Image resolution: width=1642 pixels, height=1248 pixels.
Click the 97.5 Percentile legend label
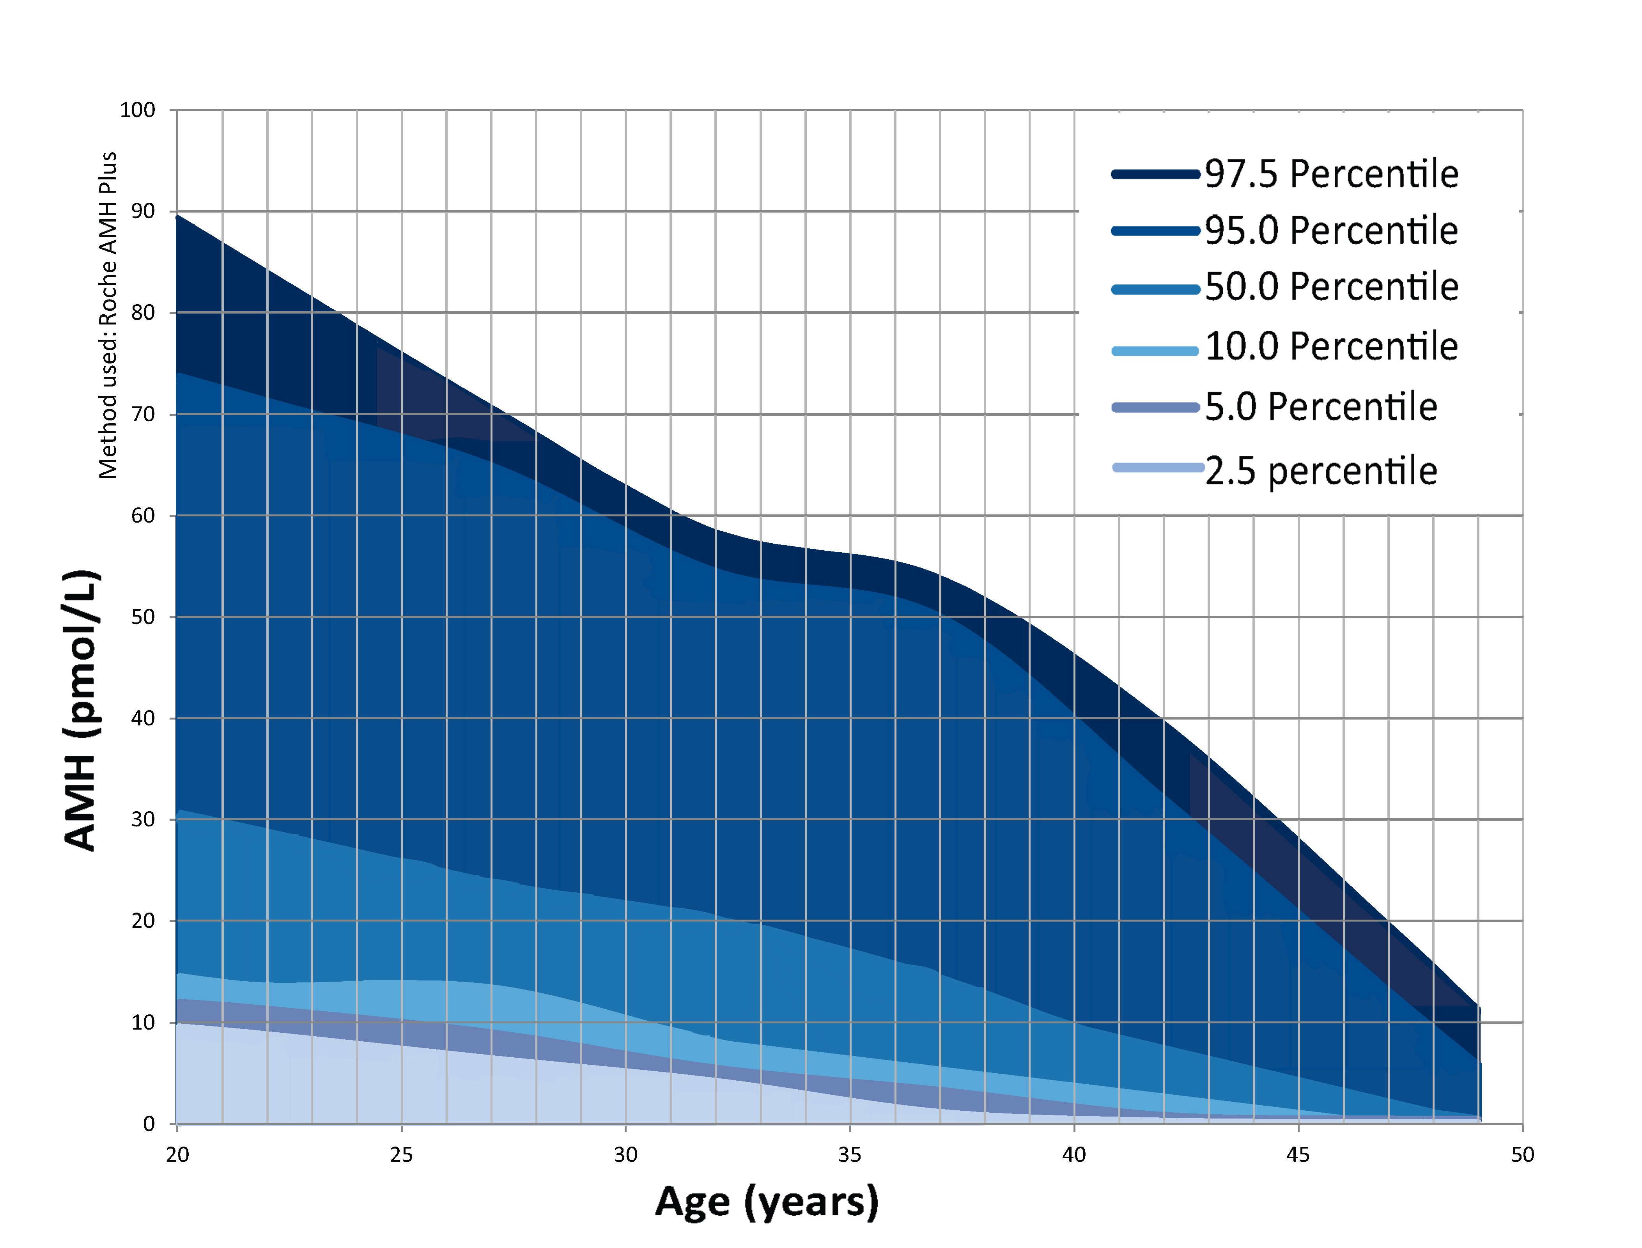point(1331,175)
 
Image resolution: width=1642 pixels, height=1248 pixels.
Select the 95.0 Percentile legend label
point(1331,231)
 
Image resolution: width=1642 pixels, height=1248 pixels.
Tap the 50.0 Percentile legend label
point(1331,287)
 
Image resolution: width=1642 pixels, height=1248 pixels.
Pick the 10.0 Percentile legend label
point(1331,347)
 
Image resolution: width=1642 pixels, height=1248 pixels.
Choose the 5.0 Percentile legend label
point(1320,407)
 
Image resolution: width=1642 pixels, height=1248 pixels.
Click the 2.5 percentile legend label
point(1320,471)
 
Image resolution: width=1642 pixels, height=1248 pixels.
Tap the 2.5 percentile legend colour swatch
point(1157,467)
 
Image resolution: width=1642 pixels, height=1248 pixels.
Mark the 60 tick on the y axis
point(143,516)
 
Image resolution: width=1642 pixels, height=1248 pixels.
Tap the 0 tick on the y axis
point(149,1124)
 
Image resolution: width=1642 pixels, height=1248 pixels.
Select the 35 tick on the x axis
point(850,1154)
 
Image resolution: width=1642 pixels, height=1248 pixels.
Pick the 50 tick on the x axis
point(1522,1154)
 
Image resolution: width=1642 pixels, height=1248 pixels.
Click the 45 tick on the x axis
point(1298,1154)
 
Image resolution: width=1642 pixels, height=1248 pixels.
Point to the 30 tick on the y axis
point(143,819)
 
